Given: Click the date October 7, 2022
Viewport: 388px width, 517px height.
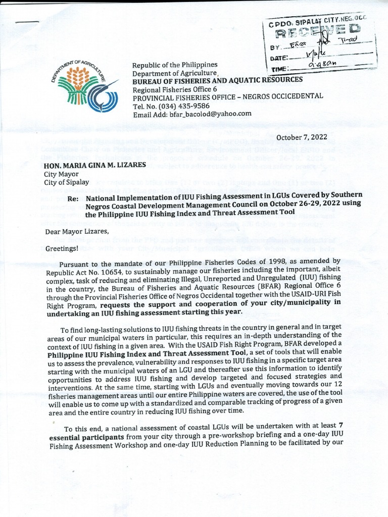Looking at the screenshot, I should [x=302, y=137].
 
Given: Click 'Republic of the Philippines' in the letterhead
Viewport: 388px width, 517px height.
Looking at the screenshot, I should [x=174, y=65].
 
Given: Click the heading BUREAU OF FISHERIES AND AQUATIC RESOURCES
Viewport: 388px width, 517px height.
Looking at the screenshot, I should [x=217, y=80].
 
